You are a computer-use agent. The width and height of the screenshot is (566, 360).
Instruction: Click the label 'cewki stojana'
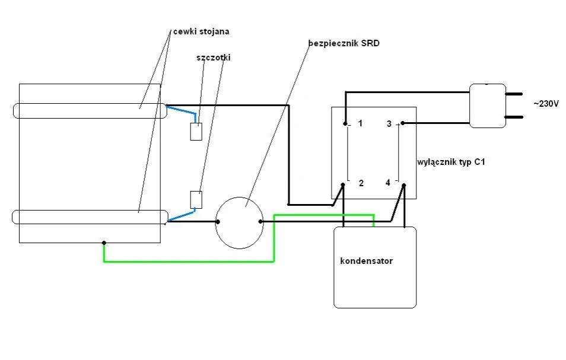201,31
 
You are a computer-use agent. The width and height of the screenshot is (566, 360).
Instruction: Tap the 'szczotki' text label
214,58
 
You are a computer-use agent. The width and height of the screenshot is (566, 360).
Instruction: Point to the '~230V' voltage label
546,103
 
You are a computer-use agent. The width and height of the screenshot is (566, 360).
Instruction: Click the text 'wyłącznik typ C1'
451,161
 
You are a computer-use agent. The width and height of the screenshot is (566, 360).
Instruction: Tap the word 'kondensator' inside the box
366,260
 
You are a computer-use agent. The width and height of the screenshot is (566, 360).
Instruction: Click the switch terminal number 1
360,124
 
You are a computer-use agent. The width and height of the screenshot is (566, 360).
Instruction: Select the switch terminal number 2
360,183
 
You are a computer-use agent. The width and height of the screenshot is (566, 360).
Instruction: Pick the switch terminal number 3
389,124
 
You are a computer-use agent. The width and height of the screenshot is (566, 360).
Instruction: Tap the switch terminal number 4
388,183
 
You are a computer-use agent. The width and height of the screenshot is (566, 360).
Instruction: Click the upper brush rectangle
196,131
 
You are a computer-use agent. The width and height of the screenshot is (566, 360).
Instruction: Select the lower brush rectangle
196,200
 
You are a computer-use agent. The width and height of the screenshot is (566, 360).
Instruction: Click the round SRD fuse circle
239,222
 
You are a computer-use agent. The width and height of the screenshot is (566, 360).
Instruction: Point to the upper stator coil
89,111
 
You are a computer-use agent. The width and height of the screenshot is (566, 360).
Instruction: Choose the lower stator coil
89,217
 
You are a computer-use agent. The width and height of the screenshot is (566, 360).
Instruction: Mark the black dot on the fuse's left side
218,222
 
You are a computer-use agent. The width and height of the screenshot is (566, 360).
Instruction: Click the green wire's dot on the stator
104,243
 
